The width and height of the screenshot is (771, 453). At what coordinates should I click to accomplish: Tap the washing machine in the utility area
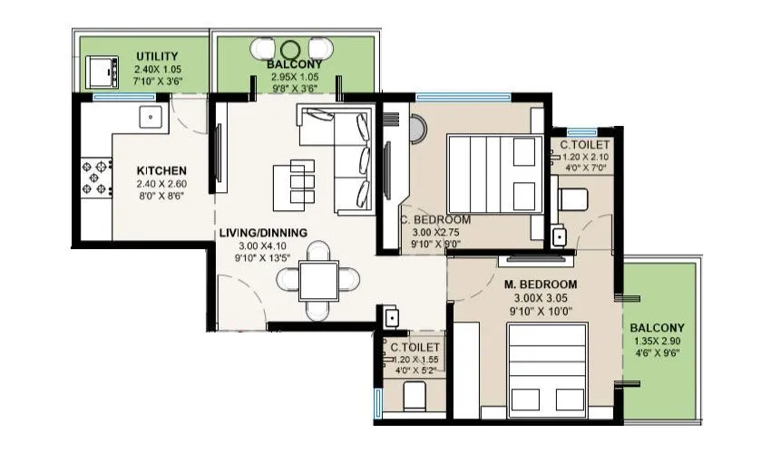click(99, 71)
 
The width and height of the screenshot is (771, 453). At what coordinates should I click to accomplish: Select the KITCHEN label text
click(161, 170)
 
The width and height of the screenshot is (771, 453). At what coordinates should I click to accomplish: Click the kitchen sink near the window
click(150, 116)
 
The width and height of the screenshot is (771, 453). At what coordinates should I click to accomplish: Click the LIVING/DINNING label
click(262, 232)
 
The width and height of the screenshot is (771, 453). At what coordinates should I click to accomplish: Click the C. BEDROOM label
click(435, 219)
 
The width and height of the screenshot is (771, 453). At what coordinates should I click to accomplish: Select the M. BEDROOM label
click(541, 284)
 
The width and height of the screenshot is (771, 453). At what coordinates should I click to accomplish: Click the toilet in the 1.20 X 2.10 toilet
click(571, 198)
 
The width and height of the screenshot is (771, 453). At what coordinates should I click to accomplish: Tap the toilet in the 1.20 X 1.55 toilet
click(413, 395)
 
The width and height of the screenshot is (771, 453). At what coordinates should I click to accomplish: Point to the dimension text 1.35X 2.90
click(658, 342)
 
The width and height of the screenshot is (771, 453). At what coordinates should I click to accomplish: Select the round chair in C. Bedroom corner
click(415, 130)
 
